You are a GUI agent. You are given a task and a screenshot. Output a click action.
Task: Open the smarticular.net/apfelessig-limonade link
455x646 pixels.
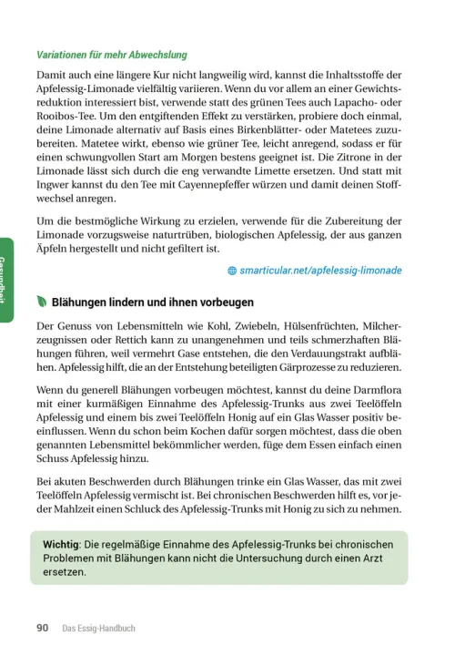[321, 271]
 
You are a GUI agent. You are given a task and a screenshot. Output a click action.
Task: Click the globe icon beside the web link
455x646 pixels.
[232, 271]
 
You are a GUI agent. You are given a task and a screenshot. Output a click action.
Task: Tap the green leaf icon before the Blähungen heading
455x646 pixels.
[42, 302]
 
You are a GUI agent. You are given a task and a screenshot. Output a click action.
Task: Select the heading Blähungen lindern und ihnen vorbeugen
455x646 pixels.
[153, 302]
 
